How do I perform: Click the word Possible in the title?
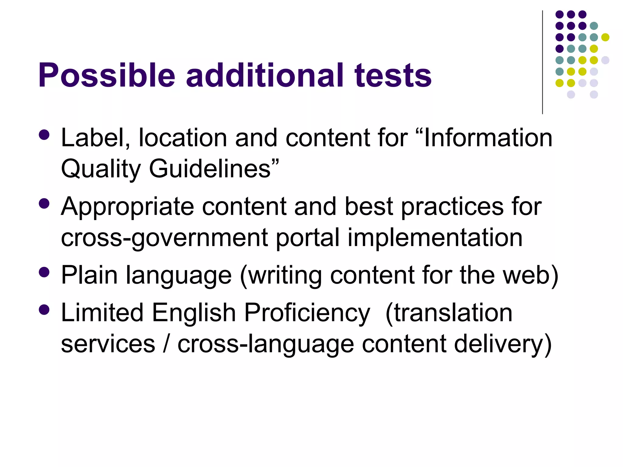(x=106, y=75)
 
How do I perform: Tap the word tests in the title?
(x=393, y=75)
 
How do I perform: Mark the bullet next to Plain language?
(x=44, y=272)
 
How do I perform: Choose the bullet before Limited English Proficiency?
(x=44, y=310)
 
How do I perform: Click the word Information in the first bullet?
(x=488, y=138)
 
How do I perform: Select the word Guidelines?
(x=210, y=169)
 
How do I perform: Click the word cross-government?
(x=164, y=238)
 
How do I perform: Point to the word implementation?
(x=435, y=238)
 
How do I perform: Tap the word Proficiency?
(x=307, y=313)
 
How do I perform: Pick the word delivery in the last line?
(x=499, y=344)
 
